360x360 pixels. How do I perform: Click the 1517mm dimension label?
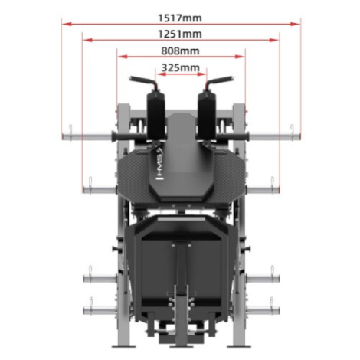[180, 18]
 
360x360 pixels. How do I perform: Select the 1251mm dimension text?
[180, 34]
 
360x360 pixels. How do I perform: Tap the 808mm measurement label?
[180, 51]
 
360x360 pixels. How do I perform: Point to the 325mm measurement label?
[181, 68]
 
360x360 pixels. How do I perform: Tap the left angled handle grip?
[142, 81]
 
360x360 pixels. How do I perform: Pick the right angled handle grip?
[220, 81]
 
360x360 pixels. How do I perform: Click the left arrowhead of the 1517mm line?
[67, 24]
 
